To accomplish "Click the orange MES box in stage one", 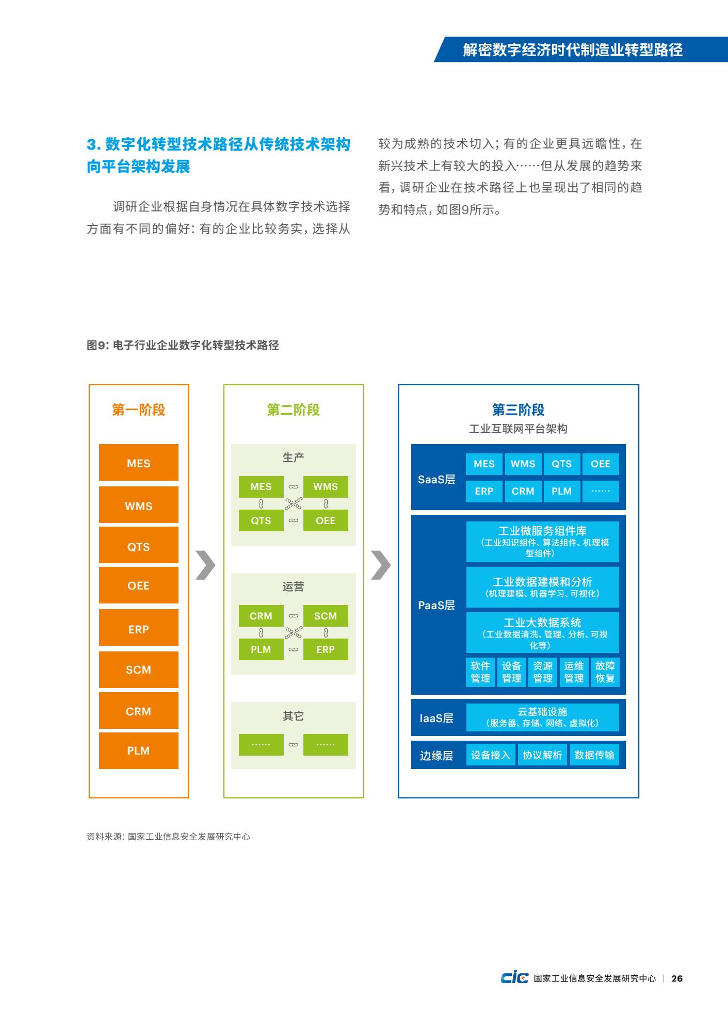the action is [139, 463].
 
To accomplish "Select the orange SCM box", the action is [139, 669].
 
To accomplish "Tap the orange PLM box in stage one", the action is [139, 750].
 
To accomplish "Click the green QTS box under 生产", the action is [261, 520].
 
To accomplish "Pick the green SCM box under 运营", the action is [326, 616].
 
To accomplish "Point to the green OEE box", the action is [326, 520].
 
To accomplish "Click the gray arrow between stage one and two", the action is [205, 565].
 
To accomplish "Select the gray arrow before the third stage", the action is [381, 565].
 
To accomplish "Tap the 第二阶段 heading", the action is [294, 410].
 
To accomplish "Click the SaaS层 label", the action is [436, 480].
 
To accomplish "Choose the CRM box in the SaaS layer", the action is [523, 491].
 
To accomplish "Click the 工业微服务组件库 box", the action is [542, 542].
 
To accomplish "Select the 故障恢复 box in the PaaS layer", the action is [605, 672].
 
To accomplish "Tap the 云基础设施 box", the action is [542, 717].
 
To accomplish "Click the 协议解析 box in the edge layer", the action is [542, 755].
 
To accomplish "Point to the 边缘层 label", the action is [436, 756].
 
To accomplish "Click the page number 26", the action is [677, 978].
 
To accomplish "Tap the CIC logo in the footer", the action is [514, 978].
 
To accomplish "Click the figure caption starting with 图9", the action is [183, 345].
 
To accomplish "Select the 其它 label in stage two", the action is [293, 716].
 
